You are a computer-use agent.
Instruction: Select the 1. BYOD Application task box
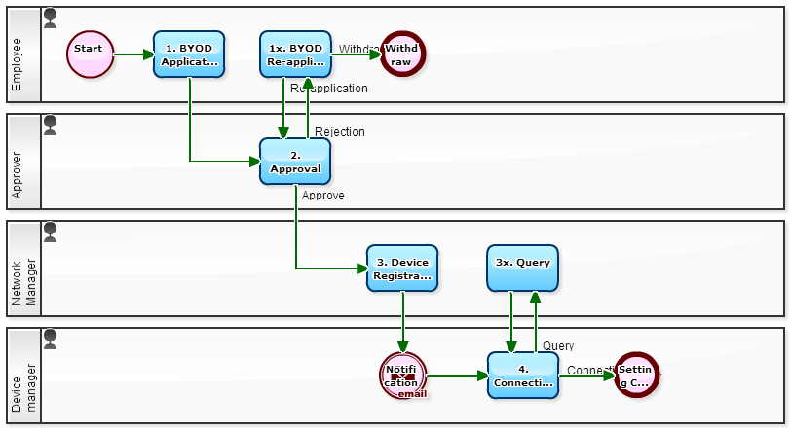(x=189, y=54)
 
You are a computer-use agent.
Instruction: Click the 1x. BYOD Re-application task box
(x=295, y=54)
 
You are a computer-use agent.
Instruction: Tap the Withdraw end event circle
(x=402, y=54)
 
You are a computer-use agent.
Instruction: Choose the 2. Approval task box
(x=295, y=162)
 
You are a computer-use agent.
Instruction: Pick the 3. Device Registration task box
(x=402, y=269)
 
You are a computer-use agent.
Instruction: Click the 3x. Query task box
(x=522, y=269)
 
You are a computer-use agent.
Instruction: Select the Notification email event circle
(x=402, y=376)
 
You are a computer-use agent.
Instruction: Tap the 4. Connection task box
(x=523, y=376)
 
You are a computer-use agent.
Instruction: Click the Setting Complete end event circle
(x=637, y=376)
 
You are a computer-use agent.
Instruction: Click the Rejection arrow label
(x=340, y=132)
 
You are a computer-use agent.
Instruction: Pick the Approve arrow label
(x=322, y=196)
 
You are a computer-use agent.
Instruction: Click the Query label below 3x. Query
(x=558, y=345)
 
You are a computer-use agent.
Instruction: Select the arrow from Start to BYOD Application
(x=133, y=54)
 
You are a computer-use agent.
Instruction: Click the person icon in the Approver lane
(x=51, y=125)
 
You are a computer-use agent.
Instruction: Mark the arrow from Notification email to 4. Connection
(x=457, y=376)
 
